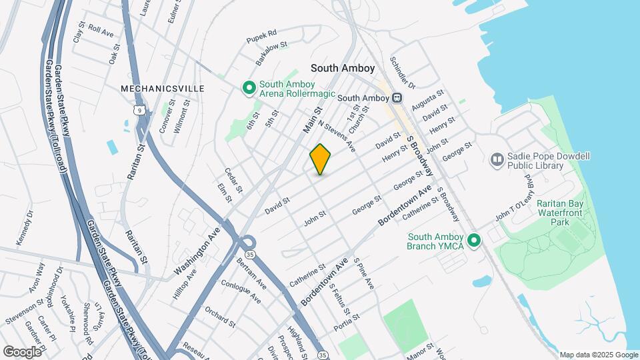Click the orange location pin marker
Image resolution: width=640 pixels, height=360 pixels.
321,159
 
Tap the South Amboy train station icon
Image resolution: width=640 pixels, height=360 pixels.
397,98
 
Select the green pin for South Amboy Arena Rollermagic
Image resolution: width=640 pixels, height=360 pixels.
249,88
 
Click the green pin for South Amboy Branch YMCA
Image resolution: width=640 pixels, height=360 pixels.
474,240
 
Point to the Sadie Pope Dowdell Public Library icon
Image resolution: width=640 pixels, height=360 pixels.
497,159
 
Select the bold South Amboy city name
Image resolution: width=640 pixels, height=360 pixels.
343,68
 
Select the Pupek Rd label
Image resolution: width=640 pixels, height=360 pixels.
261,31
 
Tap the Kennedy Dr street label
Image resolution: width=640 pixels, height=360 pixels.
25,228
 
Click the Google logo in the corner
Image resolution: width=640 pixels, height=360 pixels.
22,351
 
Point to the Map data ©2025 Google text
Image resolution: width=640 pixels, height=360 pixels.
599,355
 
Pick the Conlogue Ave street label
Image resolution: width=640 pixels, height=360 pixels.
241,291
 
